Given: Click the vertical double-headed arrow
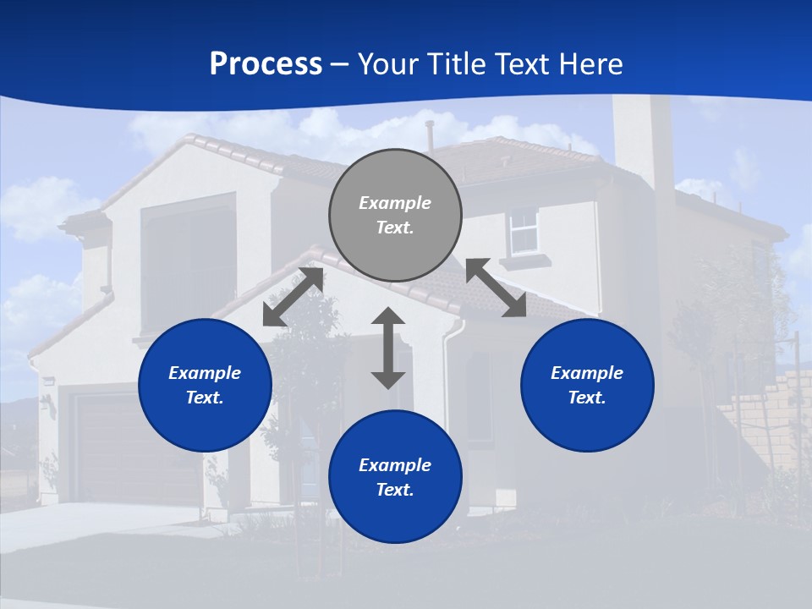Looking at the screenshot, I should tap(388, 348).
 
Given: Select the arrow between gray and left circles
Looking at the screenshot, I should tap(293, 297).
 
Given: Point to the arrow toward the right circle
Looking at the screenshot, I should tap(496, 288).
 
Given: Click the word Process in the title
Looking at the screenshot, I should tap(266, 64).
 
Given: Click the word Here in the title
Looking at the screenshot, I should tap(590, 64).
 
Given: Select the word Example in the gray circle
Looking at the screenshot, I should tap(395, 203).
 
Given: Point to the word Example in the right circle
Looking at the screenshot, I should tap(587, 373).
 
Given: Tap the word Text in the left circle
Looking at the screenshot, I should tap(204, 398).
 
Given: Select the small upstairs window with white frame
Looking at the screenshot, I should tap(524, 231).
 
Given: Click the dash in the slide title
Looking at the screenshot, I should tap(340, 65).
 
